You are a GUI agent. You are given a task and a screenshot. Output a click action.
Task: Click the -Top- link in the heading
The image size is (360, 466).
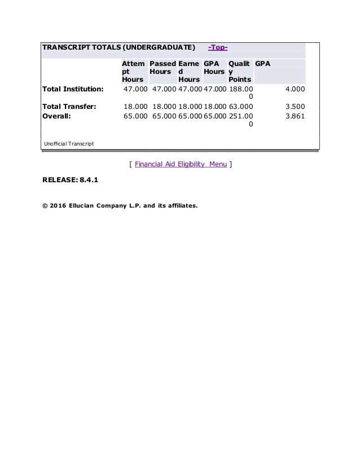click(x=218, y=46)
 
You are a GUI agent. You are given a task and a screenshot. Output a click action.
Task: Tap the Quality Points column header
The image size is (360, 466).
click(x=240, y=72)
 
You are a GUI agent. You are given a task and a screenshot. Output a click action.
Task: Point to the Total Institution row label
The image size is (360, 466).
click(x=72, y=89)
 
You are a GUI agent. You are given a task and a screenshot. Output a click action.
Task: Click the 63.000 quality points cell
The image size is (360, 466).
click(x=240, y=105)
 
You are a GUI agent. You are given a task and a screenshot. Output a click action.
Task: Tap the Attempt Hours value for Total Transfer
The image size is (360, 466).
click(x=135, y=105)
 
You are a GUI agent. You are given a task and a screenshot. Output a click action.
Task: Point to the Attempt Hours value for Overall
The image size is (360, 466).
click(x=135, y=115)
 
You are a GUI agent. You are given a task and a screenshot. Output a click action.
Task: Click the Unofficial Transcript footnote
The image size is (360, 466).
click(x=69, y=144)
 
